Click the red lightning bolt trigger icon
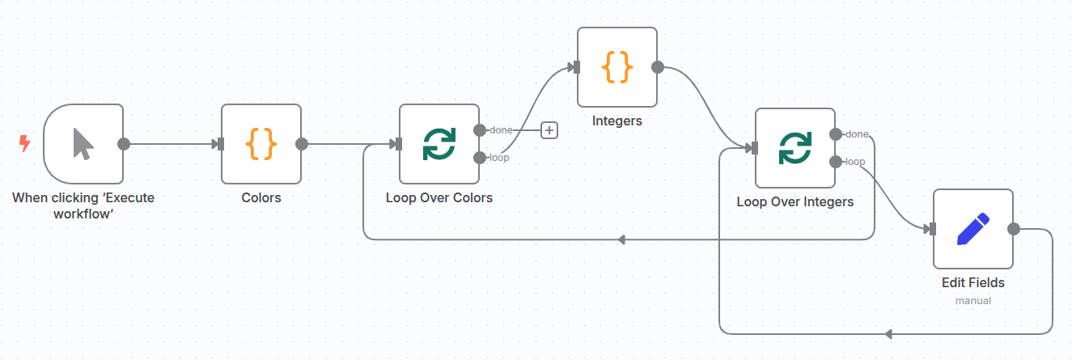tap(24, 144)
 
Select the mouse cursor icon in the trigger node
tap(83, 144)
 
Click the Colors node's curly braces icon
tap(261, 144)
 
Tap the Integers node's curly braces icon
tap(617, 67)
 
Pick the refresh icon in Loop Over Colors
tap(439, 144)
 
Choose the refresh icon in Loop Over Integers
tap(795, 148)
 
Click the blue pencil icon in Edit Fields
tap(973, 229)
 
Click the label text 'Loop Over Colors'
tap(439, 197)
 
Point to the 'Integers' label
tap(617, 121)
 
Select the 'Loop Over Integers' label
tap(795, 201)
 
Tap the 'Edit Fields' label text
tap(973, 283)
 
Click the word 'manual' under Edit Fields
tap(973, 300)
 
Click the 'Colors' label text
tap(261, 197)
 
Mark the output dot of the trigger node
tap(124, 144)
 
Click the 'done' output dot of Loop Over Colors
tap(480, 130)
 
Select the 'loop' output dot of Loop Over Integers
tap(836, 162)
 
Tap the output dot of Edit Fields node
tap(1014, 229)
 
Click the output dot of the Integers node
tap(658, 67)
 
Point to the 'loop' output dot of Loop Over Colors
tap(480, 157)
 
